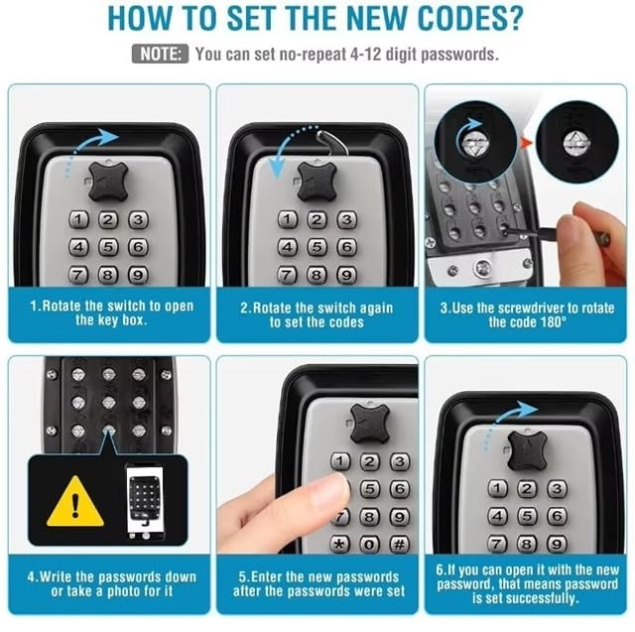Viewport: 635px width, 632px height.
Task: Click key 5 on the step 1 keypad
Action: [108, 247]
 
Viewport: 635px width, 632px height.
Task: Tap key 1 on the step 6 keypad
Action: [498, 488]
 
